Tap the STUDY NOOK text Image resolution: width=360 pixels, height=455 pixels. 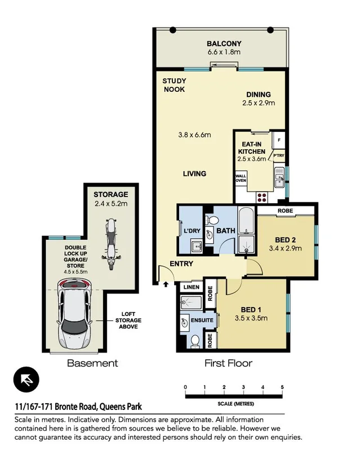coord(174,85)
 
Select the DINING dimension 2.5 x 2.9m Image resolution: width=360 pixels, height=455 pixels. coord(258,104)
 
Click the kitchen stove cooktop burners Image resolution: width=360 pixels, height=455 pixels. coord(262,196)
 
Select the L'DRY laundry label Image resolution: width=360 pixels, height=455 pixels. coord(186,230)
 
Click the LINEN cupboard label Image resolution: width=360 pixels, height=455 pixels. coord(190,287)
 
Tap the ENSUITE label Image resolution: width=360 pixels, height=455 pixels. coord(202,320)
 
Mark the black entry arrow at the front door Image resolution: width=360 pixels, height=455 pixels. coord(166,284)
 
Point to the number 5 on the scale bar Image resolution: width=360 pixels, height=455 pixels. coord(282,387)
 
